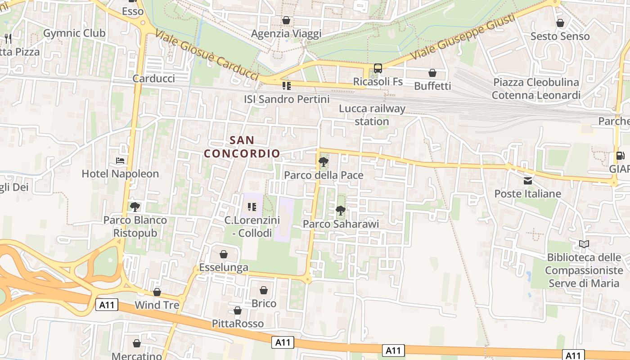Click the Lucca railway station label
point(372,115)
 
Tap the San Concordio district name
point(242,147)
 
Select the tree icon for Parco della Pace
point(323,162)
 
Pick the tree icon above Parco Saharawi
point(341,210)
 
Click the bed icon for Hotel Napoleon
point(120,160)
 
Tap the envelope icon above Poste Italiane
point(528,181)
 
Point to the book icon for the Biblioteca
point(584,244)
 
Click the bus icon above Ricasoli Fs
point(378,68)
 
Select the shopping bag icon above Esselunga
point(224,254)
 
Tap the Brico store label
point(264,303)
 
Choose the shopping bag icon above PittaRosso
point(238,310)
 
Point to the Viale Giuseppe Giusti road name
point(463,38)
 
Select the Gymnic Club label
point(74,33)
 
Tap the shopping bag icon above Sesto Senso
point(560,23)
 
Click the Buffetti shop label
point(432,85)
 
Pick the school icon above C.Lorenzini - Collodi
point(252,207)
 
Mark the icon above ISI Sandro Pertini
point(286,85)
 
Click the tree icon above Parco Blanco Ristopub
point(135,207)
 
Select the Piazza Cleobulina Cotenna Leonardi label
point(536,89)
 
